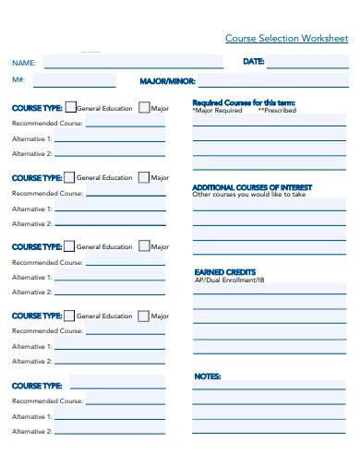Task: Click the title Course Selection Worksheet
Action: [286, 39]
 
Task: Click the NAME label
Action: [24, 64]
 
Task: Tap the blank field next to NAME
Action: [133, 63]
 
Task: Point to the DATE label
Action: [254, 62]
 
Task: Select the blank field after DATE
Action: [307, 62]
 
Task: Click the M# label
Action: [18, 81]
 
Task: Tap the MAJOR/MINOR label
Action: [167, 81]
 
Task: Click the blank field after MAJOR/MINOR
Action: [273, 81]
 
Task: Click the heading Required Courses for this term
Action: [244, 102]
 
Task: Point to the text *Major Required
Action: [217, 110]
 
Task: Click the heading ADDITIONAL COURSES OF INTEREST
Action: [252, 187]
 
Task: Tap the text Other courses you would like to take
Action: [248, 195]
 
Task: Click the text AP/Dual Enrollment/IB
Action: [229, 280]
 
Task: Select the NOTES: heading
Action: [207, 376]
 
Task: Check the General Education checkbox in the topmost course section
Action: [70, 108]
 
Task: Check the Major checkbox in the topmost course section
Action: [143, 108]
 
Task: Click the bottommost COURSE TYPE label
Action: [37, 386]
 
